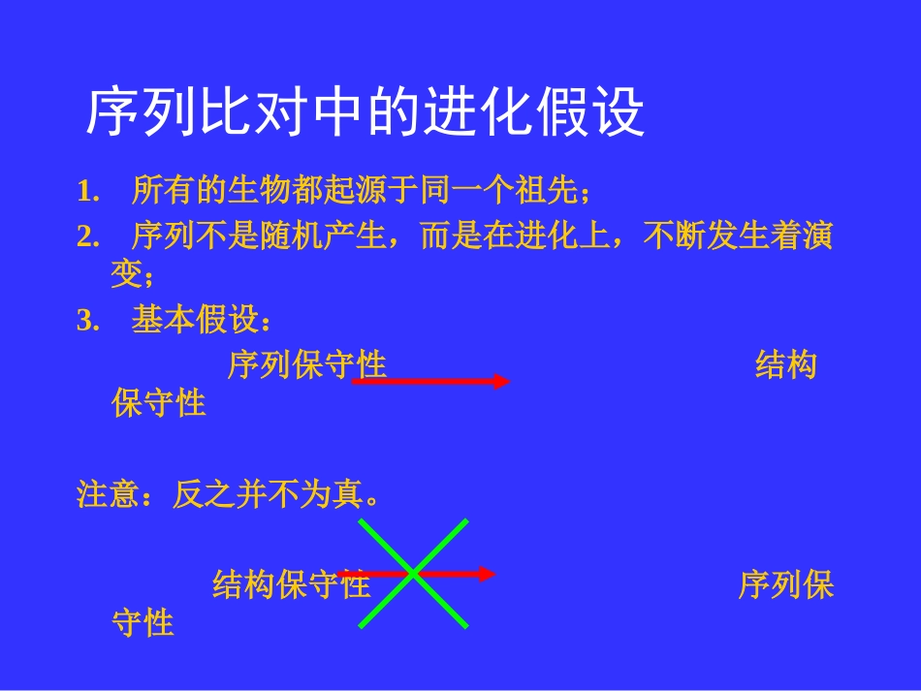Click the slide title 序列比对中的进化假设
(365, 114)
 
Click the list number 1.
(89, 192)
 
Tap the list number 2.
(89, 236)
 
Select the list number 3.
(89, 322)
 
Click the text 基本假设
(195, 321)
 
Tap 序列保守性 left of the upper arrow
(306, 364)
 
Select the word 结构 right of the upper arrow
(785, 365)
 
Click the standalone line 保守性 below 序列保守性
(159, 403)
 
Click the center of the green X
(414, 574)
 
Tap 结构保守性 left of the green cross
(291, 584)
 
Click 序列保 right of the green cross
(785, 584)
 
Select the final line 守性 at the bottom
(143, 622)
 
